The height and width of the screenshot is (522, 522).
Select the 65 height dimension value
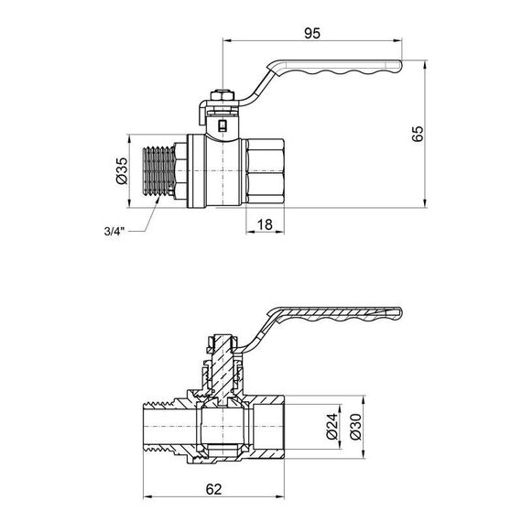pos(418,134)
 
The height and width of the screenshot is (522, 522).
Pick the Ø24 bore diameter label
pos(335,424)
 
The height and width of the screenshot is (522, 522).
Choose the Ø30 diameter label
pos(357,424)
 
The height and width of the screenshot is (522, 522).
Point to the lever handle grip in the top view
pos(348,70)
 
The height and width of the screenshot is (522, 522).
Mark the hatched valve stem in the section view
pos(220,362)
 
